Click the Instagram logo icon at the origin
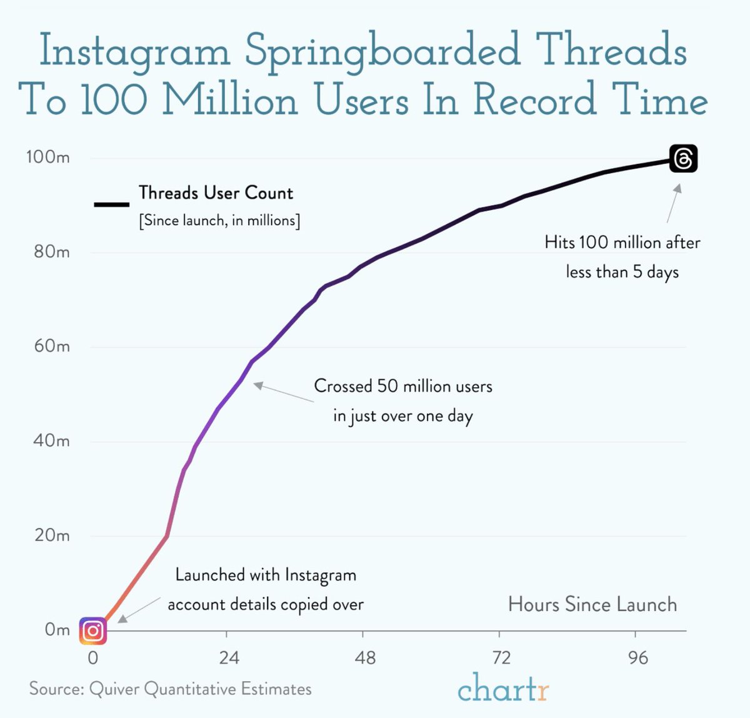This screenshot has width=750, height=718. pos(92,630)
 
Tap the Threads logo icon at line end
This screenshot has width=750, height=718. pos(683,159)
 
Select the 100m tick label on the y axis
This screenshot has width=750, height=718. pos(48,157)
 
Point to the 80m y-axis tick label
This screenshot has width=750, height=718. pos(52,252)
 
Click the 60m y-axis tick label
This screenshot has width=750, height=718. pos(52,346)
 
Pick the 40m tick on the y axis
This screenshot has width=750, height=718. pos(52,441)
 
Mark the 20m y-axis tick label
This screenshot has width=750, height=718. pos(52,535)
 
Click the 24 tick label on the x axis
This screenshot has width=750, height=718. pos(229,658)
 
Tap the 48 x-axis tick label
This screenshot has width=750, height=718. pos(365,658)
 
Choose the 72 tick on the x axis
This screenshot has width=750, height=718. pos(501,658)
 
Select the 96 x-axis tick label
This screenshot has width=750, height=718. pos(637,658)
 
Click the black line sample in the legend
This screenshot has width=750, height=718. pos(111,204)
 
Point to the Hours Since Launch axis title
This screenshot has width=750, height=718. pos(592,604)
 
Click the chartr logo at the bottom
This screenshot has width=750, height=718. pos(503,688)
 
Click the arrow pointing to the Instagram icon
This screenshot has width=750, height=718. pos(139,609)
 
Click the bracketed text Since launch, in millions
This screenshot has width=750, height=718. pos(219,221)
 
